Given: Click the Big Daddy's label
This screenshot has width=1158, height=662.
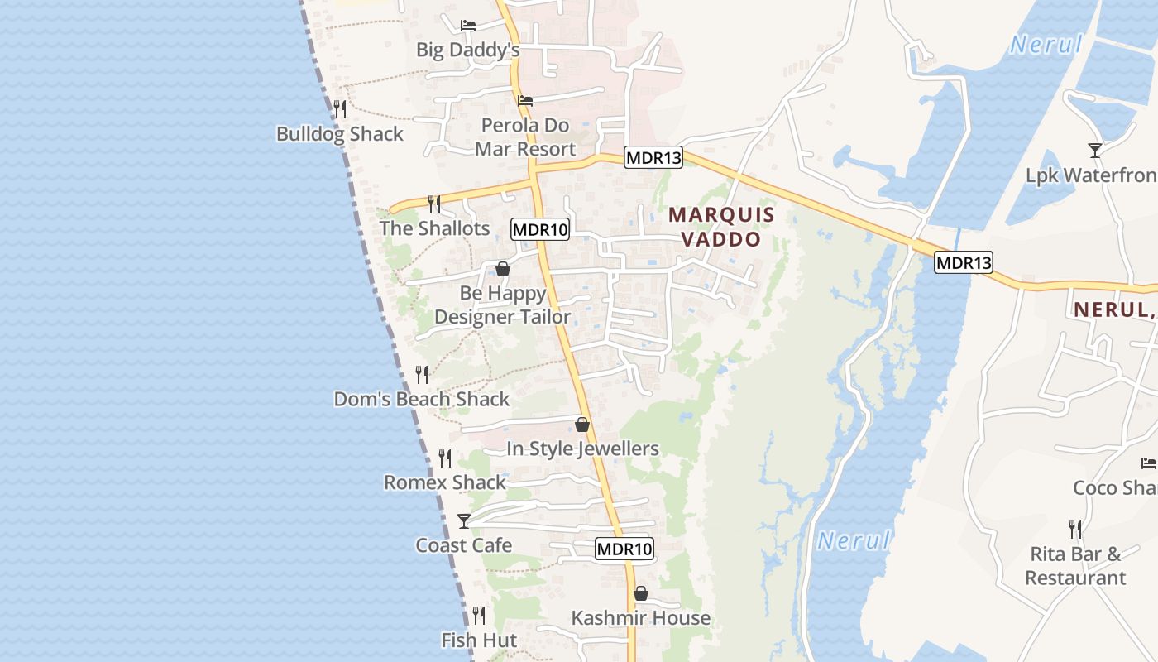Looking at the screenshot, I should pos(467,50).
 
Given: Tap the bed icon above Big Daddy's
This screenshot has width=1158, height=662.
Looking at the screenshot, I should pos(468,26).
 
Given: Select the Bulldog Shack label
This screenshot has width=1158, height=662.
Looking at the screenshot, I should pos(340,134).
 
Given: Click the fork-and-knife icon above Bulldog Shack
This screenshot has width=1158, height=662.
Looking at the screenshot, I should pos(340,108).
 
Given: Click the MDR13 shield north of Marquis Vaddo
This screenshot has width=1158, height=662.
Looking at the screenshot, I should pos(653,158).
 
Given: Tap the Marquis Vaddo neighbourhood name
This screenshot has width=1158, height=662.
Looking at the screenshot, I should pos(721,227).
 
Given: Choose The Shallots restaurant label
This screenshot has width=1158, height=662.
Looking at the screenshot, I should pos(435,228).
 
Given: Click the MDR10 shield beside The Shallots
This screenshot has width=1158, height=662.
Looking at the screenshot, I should pos(540,229).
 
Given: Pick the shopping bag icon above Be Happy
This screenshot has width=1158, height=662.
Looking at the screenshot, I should pos(503,269).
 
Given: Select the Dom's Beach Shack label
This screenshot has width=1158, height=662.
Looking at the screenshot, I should pos(422,399).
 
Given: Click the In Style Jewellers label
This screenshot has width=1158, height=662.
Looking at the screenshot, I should pos(582,449).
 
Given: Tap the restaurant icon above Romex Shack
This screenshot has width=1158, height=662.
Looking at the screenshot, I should pos(445,458).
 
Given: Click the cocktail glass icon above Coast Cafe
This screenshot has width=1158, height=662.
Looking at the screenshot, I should pos(464,520).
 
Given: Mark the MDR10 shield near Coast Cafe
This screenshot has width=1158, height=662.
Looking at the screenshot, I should pos(624,548).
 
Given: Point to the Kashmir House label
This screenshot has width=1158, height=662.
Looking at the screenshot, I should pos(641,618).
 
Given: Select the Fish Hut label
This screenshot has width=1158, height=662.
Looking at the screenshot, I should pos(479,640).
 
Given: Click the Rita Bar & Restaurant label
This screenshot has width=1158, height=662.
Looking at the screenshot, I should pos(1075,565).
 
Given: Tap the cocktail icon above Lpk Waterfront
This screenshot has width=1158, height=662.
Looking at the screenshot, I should pos(1095,150).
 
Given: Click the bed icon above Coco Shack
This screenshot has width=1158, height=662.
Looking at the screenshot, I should pos(1148,463).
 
